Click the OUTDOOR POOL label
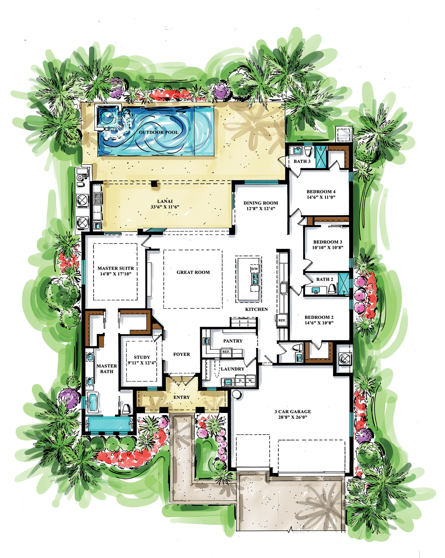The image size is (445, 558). coord(158,132)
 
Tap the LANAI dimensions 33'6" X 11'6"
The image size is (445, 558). coord(165,207)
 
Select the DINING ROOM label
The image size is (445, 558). coord(261,203)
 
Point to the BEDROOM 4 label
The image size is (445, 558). coord(321,192)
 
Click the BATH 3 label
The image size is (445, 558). coord(302,161)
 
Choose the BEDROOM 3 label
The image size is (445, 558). coord(328,242)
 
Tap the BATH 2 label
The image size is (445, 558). coord(325,279)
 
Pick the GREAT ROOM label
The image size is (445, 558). coord(193,272)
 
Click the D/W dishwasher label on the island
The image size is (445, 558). coord(255,269)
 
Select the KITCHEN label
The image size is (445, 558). coord(256,309)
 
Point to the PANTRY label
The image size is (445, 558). coord(233,341)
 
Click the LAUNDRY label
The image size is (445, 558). coord(233,369)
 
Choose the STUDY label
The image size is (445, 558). coord(142,357)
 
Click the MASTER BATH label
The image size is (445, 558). coord(106,369)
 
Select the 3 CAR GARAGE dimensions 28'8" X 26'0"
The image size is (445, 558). coord(292,417)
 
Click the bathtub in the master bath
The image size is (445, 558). coord(93,402)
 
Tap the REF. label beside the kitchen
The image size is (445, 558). coord(282,320)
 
